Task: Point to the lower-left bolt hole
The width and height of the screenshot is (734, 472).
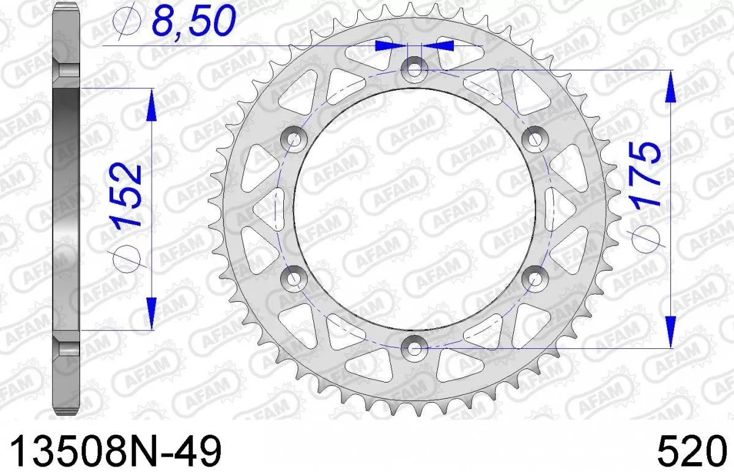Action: coord(294,279)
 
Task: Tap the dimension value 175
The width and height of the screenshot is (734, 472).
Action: coord(646,175)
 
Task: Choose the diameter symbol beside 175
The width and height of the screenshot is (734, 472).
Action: coord(647,236)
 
